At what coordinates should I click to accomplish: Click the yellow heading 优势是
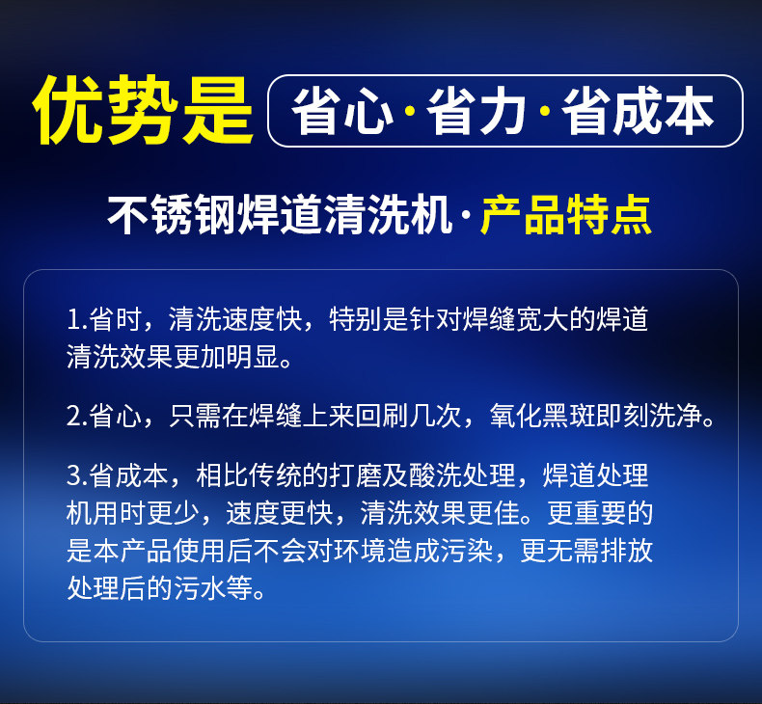[x=143, y=110]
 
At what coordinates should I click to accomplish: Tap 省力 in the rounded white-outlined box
[x=476, y=111]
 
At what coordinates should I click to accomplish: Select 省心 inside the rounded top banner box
[x=341, y=111]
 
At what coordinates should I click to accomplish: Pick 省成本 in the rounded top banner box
[x=638, y=111]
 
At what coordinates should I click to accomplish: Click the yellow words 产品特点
[x=565, y=215]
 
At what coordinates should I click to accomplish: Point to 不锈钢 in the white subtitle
[x=172, y=215]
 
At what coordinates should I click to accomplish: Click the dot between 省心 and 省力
[x=410, y=112]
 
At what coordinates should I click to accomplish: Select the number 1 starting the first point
[x=73, y=319]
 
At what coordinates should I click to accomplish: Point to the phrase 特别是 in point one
[x=368, y=319]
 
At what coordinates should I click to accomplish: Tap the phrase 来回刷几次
[x=395, y=416]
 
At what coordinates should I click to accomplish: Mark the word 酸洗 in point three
[x=435, y=474]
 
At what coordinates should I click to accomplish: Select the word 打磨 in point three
[x=355, y=474]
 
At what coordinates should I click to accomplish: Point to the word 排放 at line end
[x=626, y=551]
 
